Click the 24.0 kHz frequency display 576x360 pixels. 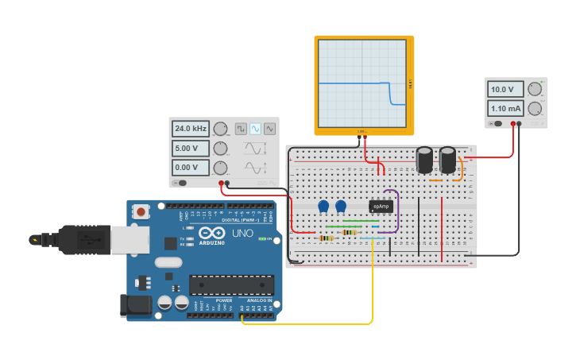190,129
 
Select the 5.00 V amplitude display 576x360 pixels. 190,148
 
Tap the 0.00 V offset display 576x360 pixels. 190,168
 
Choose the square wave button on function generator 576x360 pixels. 241,128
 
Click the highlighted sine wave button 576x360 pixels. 255,128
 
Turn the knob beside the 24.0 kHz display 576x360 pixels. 220,129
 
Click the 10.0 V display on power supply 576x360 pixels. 505,90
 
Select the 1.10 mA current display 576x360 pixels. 505,108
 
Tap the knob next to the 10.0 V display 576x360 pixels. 535,90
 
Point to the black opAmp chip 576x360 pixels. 381,207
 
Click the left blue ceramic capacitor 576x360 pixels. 323,206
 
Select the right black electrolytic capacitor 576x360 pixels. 448,159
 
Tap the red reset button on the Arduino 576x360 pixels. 141,211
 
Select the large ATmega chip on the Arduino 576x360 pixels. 231,285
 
